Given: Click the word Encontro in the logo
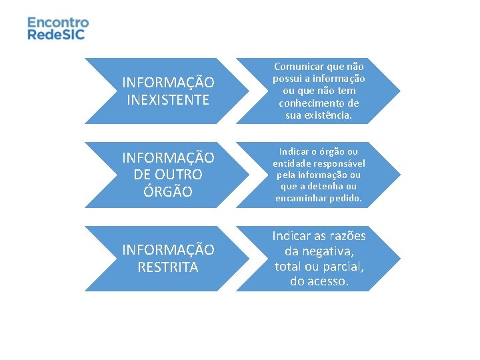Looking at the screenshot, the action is click(58, 22).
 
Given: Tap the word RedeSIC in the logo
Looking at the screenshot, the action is click(56, 34).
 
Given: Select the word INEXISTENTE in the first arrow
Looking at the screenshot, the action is click(168, 99).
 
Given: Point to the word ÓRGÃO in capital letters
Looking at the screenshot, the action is click(168, 191).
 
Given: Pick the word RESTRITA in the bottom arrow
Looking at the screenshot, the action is click(168, 267).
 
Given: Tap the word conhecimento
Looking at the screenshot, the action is click(319, 103).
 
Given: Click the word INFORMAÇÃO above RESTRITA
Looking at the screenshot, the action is click(168, 250).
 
